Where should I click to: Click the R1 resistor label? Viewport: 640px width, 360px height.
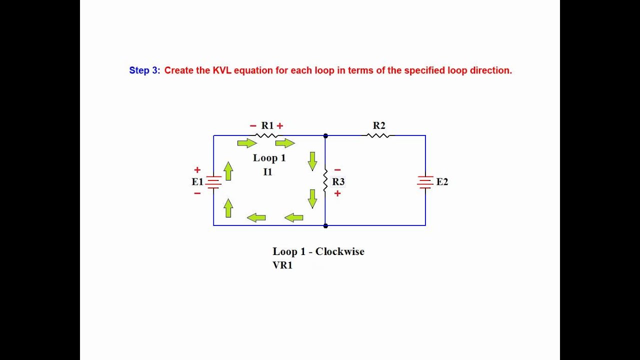click(267, 125)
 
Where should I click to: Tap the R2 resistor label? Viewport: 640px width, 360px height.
click(379, 125)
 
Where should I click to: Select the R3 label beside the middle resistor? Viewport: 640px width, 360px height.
click(338, 181)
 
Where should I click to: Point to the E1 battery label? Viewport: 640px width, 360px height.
click(197, 181)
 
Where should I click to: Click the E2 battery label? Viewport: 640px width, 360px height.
click(442, 181)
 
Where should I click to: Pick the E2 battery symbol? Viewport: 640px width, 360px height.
click(425, 182)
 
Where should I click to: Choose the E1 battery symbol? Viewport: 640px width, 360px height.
click(213, 182)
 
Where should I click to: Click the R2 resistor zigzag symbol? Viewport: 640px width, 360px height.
click(379, 135)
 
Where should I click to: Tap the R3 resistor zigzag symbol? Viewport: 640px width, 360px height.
click(325, 181)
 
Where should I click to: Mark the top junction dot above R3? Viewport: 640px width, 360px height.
click(325, 135)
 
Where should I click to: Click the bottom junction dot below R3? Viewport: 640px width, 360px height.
click(325, 225)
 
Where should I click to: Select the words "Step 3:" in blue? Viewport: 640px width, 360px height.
click(144, 70)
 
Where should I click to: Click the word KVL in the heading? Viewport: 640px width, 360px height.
click(223, 70)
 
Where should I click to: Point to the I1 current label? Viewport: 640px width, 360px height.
click(268, 171)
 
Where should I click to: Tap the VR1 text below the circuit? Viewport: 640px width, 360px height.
click(282, 265)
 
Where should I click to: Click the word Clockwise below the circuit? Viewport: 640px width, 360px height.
click(339, 251)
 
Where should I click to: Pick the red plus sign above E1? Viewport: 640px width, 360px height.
click(197, 170)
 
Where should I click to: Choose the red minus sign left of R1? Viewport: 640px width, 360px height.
click(253, 126)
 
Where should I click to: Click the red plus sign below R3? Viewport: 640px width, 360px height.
click(337, 193)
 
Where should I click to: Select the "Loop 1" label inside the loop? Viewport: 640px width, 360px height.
click(269, 158)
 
